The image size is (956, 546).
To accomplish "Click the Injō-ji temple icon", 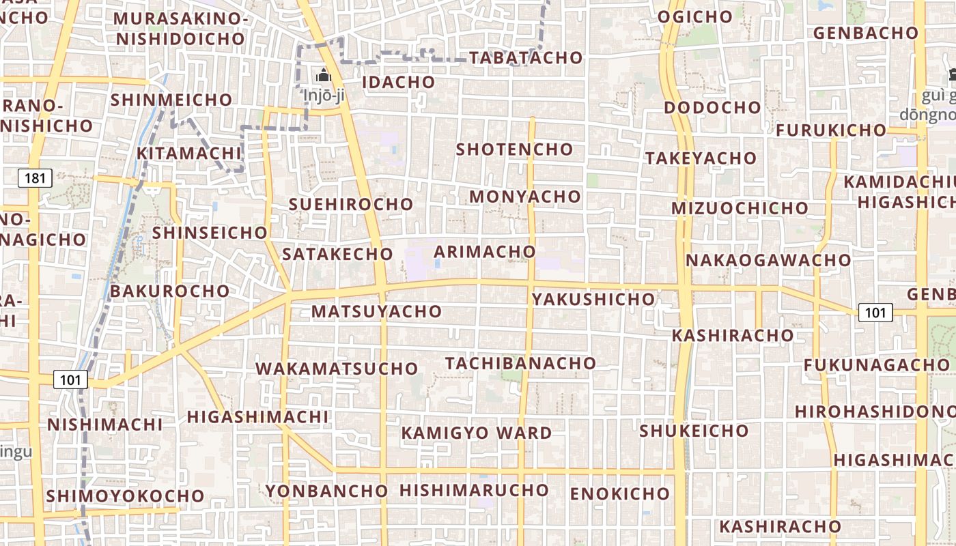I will pyautogui.click(x=324, y=74).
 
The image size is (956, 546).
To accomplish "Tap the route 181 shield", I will pyautogui.click(x=35, y=179).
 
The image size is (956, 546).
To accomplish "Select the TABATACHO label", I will pyautogui.click(x=525, y=57).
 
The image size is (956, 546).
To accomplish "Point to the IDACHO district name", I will pyautogui.click(x=398, y=82).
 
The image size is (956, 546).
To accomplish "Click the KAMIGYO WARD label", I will pyautogui.click(x=477, y=433).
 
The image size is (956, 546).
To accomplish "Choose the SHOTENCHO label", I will pyautogui.click(x=514, y=149).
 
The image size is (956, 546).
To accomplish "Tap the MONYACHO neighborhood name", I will pyautogui.click(x=525, y=197).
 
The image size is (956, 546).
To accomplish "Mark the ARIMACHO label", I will pyautogui.click(x=485, y=251).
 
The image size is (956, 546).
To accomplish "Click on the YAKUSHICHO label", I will pyautogui.click(x=593, y=299).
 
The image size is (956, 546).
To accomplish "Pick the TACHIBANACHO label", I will pyautogui.click(x=520, y=363).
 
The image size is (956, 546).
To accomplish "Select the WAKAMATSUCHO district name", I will pyautogui.click(x=337, y=369).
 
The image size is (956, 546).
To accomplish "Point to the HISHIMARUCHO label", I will pyautogui.click(x=474, y=490).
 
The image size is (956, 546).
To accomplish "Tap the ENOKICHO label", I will pyautogui.click(x=620, y=493).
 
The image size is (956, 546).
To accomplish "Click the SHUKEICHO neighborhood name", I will pyautogui.click(x=694, y=431).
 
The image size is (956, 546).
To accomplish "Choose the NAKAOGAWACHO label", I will pyautogui.click(x=768, y=260).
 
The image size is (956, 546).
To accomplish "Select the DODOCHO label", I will pyautogui.click(x=712, y=107).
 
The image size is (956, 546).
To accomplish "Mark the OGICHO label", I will pyautogui.click(x=695, y=16).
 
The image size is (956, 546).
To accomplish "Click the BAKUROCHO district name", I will pyautogui.click(x=170, y=291).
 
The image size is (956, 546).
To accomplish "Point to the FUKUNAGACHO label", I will pyautogui.click(x=876, y=364).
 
